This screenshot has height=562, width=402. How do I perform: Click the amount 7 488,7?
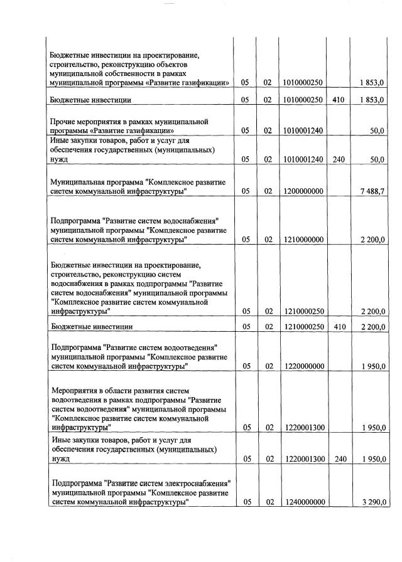point(372,192)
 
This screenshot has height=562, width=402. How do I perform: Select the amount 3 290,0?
point(372,502)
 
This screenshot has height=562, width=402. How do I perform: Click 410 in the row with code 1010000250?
point(339,100)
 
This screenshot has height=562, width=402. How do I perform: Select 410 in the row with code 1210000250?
point(339,327)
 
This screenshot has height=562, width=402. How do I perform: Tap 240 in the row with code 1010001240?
point(339,160)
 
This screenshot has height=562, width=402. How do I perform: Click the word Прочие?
point(65,121)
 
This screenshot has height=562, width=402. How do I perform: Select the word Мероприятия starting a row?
point(75,390)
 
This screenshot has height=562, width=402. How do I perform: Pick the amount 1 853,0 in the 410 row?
point(372,100)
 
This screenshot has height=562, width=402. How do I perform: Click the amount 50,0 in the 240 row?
point(377,160)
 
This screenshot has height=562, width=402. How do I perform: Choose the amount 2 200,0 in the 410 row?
point(372,327)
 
